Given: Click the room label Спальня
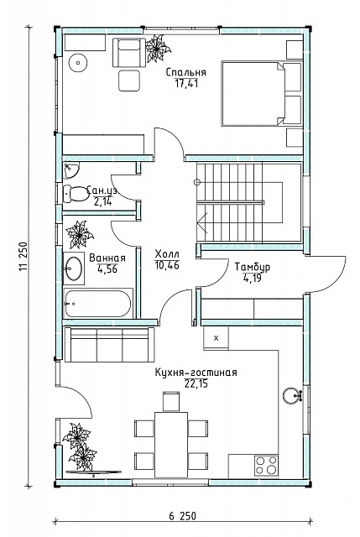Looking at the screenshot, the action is (186, 73).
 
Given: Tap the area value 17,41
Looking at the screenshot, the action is (186, 84).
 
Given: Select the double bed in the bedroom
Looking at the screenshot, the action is (261, 93).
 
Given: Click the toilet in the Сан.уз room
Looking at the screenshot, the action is (76, 194).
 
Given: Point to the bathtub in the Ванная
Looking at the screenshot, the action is (98, 304).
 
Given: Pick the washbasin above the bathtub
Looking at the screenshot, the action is (74, 268).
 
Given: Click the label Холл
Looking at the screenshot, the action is (167, 254).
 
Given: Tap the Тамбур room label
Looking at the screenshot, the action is (253, 267).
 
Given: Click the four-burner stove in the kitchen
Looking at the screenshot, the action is (266, 466).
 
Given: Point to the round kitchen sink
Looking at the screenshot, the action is (292, 396).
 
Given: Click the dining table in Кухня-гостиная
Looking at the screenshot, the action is (171, 444).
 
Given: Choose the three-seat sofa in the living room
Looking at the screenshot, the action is (110, 345).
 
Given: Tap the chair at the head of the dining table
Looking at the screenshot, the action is (171, 402).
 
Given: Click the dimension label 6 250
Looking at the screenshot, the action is (183, 516).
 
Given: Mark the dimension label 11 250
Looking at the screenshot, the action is (23, 257).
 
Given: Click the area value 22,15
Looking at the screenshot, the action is (196, 384).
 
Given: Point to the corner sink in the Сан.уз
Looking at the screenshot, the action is (70, 170).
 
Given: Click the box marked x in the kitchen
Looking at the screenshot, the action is (216, 338).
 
